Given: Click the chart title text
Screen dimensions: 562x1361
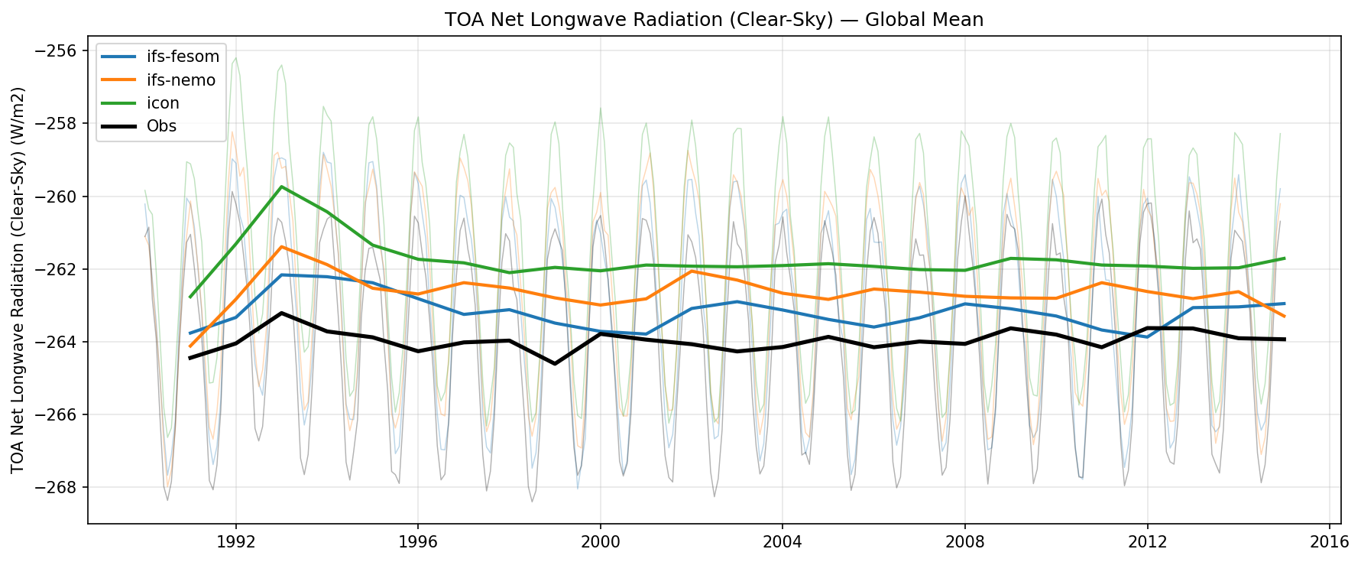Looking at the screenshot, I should tap(714, 20).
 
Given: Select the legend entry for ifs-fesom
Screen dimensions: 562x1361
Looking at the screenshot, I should tap(183, 57).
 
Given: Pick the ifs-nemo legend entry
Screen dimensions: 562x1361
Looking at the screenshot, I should tap(181, 80).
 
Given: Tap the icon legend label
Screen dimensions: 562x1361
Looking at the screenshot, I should tap(163, 103).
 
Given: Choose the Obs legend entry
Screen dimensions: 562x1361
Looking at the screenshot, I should tap(161, 126).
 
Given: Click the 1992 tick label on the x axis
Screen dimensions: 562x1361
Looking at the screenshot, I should tap(235, 542).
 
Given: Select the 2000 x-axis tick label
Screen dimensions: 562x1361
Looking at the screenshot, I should tap(600, 542).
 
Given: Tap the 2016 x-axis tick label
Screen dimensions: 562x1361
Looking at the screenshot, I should tap(1329, 542).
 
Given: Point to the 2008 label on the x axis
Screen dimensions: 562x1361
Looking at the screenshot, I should tap(964, 542).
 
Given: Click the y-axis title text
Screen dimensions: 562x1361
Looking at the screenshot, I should tap(18, 280).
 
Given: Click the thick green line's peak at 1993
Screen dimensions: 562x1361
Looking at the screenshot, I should tap(282, 187).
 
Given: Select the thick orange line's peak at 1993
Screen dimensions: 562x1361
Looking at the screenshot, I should tap(282, 246).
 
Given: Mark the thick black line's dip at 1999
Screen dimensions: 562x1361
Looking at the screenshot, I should tap(555, 363).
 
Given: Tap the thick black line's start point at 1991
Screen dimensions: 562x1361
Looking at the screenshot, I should tap(190, 358).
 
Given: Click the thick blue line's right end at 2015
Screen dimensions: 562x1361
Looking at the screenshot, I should tap(1284, 304).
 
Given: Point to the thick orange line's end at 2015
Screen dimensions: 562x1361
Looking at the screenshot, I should tap(1284, 316).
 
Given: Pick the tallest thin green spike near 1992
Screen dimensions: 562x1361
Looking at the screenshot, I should tap(235, 58).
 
